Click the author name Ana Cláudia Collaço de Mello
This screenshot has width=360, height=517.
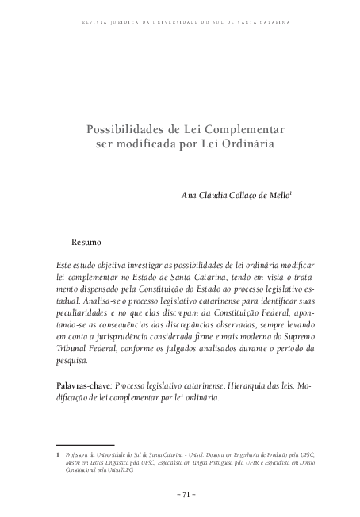[x=236, y=195]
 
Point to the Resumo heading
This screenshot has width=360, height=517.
[x=86, y=240]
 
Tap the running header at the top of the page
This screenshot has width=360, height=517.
[x=181, y=23]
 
